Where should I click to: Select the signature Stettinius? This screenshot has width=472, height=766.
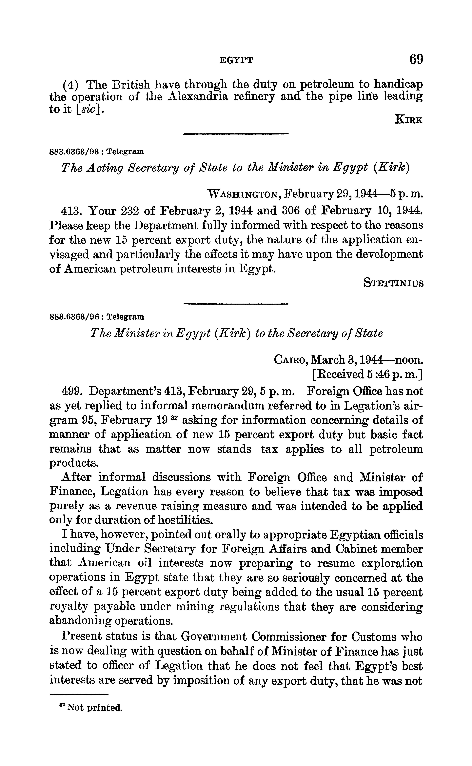tap(393, 283)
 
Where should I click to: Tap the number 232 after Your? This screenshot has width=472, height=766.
tap(126, 211)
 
